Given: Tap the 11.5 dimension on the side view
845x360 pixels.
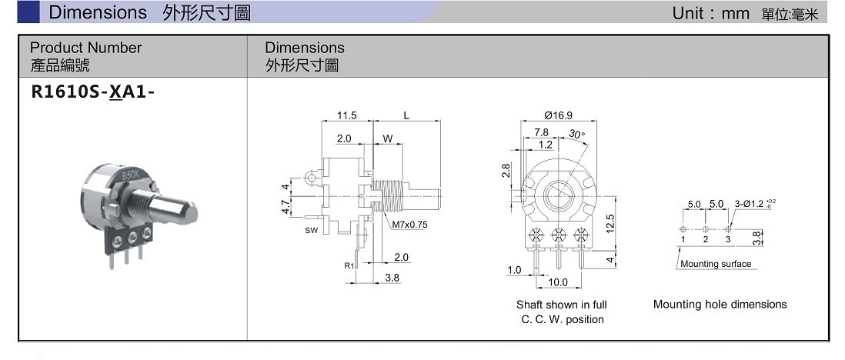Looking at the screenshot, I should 347,115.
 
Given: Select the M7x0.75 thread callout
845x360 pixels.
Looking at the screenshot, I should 409,225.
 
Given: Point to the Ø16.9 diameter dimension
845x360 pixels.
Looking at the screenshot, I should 558,115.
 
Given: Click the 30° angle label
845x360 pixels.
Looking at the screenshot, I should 577,135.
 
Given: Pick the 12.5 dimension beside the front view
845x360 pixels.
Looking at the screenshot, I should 609,223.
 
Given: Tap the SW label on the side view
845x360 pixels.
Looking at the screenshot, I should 312,230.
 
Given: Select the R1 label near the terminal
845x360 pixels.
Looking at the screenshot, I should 349,265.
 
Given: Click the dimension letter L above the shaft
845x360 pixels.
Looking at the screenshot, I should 406,115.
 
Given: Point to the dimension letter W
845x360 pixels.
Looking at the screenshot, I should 387,139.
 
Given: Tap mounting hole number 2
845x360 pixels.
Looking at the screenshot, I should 705,240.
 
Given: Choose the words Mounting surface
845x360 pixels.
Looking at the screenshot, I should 716,264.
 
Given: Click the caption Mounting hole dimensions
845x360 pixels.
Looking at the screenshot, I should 720,304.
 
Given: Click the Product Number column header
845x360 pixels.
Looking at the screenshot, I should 85,48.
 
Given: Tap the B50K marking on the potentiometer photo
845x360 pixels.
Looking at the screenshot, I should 132,176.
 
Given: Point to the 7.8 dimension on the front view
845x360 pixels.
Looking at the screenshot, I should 541,132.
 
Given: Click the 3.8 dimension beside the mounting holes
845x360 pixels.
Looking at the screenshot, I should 757,238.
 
